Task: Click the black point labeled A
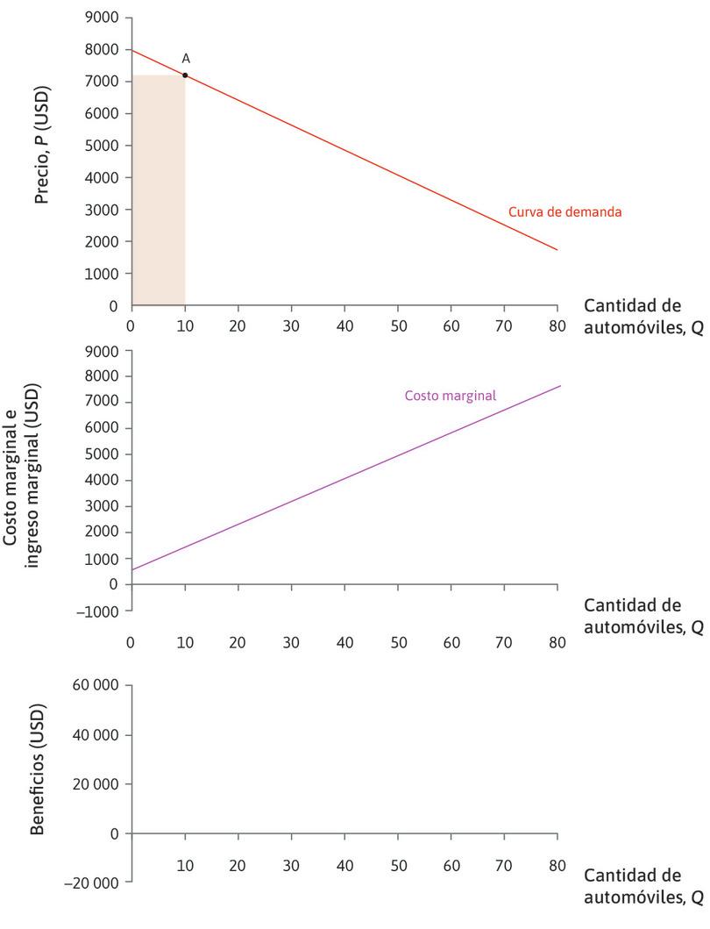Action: click(x=185, y=75)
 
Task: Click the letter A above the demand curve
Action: click(x=186, y=59)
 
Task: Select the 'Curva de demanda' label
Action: click(x=564, y=212)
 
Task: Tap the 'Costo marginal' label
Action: click(x=450, y=396)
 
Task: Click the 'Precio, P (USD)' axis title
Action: click(x=40, y=146)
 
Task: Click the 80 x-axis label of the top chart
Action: click(x=557, y=323)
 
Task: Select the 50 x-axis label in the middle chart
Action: click(x=399, y=643)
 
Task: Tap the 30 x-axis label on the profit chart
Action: click(x=292, y=865)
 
